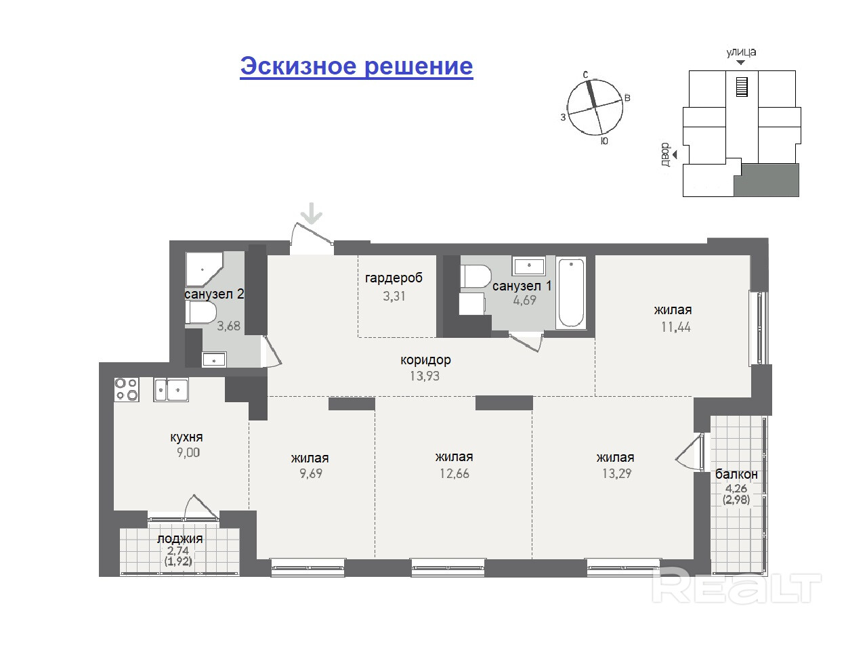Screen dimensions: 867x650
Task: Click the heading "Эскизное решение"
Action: [356, 66]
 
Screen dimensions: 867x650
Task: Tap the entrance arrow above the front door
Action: [312, 213]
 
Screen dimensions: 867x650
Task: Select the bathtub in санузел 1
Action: [571, 292]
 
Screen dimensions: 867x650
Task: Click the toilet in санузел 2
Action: [200, 313]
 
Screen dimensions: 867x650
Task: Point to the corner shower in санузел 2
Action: [203, 269]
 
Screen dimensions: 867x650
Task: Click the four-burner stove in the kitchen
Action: [127, 389]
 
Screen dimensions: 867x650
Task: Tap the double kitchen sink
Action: [171, 389]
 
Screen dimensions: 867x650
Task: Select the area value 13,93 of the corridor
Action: [425, 376]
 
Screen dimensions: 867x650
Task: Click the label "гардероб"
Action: [394, 278]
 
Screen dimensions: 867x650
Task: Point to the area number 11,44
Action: [676, 327]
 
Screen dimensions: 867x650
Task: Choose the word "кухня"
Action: [186, 437]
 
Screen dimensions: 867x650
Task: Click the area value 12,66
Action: [454, 473]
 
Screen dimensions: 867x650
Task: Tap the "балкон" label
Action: [736, 474]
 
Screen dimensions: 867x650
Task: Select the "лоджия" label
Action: [179, 539]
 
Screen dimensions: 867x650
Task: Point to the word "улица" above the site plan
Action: [741, 52]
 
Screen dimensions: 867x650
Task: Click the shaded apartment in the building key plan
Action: [768, 180]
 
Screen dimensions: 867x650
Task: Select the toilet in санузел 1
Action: [476, 276]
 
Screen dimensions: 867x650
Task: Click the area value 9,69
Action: [310, 473]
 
